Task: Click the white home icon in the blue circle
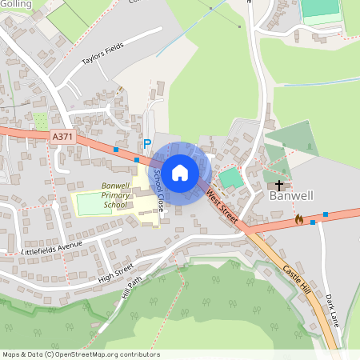(x=180, y=172)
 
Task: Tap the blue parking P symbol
(x=146, y=144)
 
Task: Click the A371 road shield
(x=61, y=138)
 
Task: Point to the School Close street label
(x=158, y=189)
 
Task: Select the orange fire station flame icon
(x=299, y=218)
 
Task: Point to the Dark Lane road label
(x=332, y=308)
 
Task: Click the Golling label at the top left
(x=16, y=5)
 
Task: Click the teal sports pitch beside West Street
(x=230, y=178)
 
